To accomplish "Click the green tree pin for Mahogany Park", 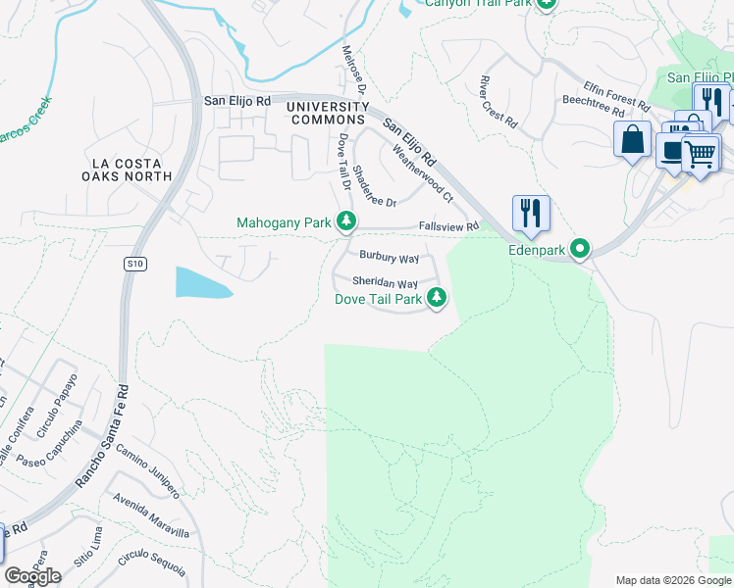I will [345, 222].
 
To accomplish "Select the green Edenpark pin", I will [581, 250].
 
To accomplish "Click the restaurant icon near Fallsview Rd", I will [531, 213].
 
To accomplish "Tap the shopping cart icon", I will [700, 153].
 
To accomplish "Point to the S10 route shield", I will [134, 264].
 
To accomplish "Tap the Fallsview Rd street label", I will [448, 226].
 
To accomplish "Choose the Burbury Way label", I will [389, 258].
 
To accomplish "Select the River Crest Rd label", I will [498, 103].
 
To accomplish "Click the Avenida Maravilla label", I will [150, 516].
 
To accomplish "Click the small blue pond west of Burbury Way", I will [202, 282].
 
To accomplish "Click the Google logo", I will [32, 576].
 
